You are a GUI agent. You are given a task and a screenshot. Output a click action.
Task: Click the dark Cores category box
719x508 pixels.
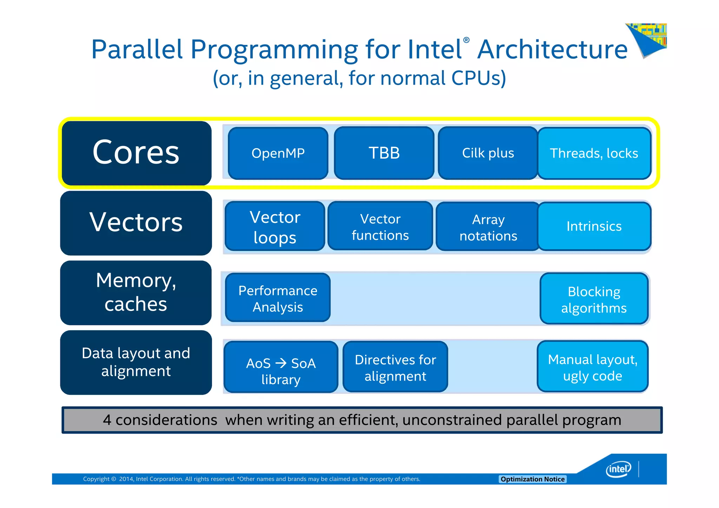(x=136, y=153)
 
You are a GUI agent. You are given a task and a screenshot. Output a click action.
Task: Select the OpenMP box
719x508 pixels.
(x=278, y=153)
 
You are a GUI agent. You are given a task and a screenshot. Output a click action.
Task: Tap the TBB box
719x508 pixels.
(x=384, y=153)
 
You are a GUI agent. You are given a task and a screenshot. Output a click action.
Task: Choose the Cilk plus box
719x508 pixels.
(x=488, y=153)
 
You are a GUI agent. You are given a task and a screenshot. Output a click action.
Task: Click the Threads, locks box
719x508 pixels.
(x=594, y=153)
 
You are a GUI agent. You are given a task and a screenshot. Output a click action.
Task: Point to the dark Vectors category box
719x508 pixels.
(x=136, y=223)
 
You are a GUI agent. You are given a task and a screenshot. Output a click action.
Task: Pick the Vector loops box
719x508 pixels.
(x=275, y=226)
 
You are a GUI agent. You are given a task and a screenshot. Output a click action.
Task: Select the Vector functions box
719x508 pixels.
(x=380, y=226)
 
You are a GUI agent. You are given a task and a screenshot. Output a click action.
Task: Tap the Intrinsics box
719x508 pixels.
(x=594, y=226)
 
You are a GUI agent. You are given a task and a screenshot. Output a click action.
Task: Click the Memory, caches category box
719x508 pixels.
(x=136, y=292)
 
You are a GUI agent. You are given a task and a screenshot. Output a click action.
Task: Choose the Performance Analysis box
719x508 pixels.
(x=278, y=298)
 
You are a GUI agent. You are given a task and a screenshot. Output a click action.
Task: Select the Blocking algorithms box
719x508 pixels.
(x=594, y=299)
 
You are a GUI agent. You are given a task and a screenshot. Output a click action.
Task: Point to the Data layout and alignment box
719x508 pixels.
(x=136, y=362)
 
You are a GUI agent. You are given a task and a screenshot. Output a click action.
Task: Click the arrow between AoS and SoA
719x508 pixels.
(x=281, y=363)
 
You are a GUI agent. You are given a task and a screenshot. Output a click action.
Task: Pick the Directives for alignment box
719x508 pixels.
(x=395, y=367)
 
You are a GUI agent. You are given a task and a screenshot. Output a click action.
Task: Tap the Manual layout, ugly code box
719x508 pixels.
(x=593, y=367)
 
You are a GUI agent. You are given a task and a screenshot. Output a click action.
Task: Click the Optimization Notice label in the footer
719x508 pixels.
(x=532, y=479)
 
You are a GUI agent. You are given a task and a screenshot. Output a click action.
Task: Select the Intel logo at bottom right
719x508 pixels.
(x=619, y=469)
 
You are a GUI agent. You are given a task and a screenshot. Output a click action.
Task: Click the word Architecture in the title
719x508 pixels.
(x=552, y=49)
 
